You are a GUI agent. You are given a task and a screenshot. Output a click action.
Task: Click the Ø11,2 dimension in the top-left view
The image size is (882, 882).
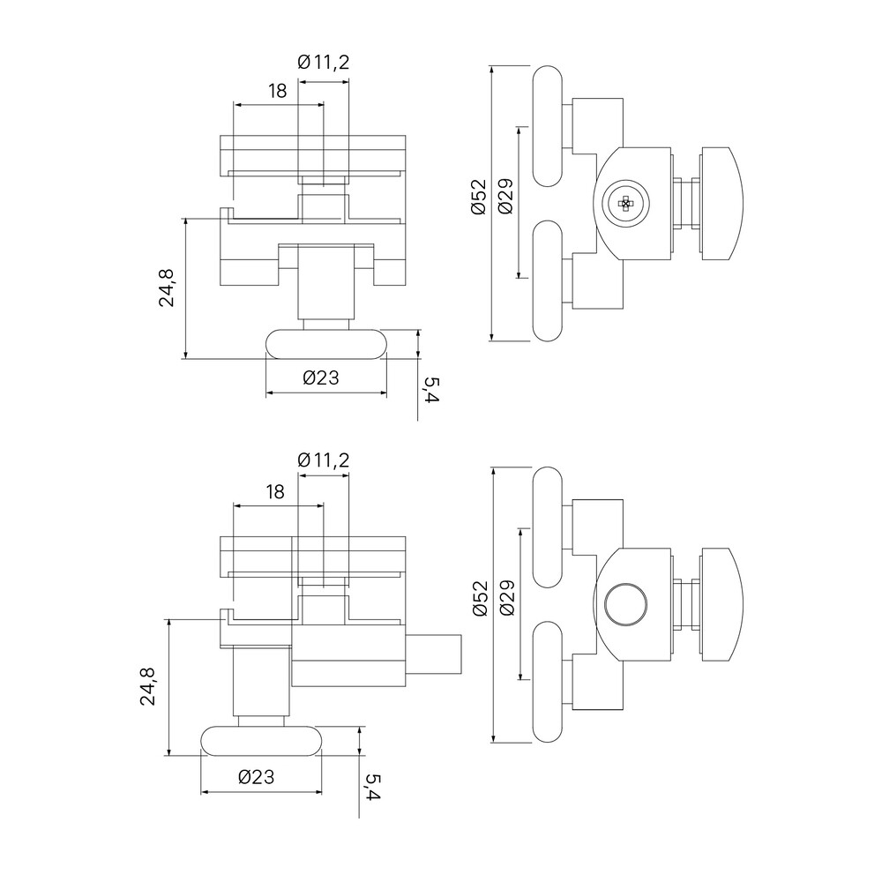pyautogui.click(x=324, y=62)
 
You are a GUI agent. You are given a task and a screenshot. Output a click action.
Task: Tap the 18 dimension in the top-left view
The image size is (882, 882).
pyautogui.click(x=278, y=90)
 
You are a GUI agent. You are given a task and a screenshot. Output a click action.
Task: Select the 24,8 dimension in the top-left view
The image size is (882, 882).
pyautogui.click(x=168, y=287)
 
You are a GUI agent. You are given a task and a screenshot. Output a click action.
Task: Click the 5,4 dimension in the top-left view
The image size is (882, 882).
pyautogui.click(x=431, y=390)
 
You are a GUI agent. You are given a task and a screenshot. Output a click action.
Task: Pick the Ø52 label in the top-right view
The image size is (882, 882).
pyautogui.click(x=478, y=197)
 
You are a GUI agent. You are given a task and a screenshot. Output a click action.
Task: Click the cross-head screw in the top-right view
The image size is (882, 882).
pyautogui.click(x=625, y=204)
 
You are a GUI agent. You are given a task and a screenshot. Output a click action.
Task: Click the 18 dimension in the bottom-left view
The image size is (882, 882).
pyautogui.click(x=276, y=491)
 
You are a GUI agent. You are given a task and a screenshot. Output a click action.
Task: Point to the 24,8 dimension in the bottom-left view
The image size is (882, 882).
pyautogui.click(x=148, y=686)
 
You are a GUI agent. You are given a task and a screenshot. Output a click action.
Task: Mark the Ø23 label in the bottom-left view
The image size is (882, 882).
pyautogui.click(x=257, y=777)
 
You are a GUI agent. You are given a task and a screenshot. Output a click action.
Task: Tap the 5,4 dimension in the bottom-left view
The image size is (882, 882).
pyautogui.click(x=372, y=788)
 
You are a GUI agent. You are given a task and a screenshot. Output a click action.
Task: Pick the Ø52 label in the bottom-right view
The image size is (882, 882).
pyautogui.click(x=478, y=597)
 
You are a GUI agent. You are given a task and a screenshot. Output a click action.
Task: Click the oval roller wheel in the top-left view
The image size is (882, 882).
pyautogui.click(x=325, y=343)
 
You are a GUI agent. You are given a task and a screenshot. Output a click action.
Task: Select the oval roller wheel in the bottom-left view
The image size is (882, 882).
pyautogui.click(x=262, y=741)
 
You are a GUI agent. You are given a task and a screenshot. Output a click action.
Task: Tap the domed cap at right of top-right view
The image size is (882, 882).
pyautogui.click(x=723, y=204)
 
